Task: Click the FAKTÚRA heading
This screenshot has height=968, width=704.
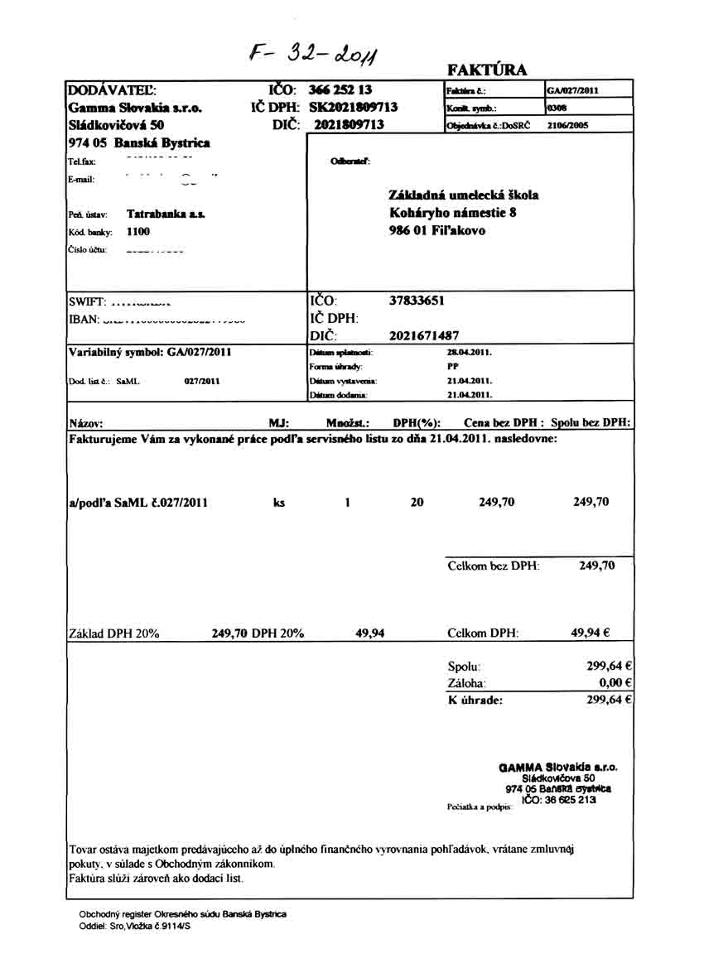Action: [x=487, y=70]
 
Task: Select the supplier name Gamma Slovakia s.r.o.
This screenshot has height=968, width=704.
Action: [x=135, y=108]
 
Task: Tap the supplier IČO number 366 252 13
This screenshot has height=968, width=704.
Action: [x=341, y=90]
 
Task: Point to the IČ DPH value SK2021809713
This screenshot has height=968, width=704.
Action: [x=353, y=108]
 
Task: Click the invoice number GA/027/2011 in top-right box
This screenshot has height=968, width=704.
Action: [x=573, y=90]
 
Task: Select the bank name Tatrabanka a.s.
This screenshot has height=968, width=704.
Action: [x=166, y=214]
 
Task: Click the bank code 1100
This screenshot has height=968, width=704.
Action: [x=138, y=232]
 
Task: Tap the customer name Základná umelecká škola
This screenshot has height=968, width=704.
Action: [x=463, y=195]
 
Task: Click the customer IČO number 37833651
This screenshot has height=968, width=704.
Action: [x=417, y=301]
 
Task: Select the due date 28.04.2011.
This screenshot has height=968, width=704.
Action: [x=470, y=352]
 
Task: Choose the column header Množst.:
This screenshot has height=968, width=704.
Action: [x=347, y=422]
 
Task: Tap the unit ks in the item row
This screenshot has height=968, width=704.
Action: [x=279, y=502]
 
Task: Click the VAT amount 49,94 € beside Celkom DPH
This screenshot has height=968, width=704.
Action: [x=591, y=633]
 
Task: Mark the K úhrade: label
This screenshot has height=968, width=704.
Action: [x=475, y=701]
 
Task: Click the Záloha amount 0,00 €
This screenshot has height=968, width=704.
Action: [x=615, y=683]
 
